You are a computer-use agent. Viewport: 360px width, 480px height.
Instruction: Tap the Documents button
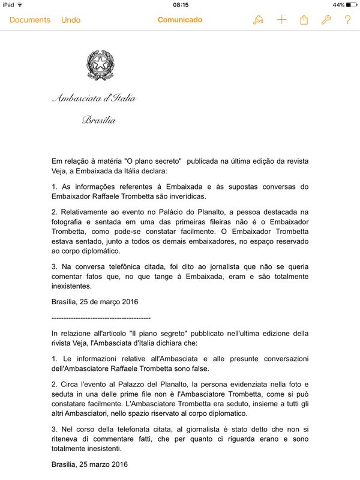click(30, 20)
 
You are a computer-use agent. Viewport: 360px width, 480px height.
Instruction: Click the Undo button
click(71, 20)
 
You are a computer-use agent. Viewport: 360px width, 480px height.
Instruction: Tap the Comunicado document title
click(180, 20)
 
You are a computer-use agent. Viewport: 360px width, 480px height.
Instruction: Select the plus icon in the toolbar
click(281, 20)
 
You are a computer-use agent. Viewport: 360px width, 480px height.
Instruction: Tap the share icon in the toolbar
click(304, 20)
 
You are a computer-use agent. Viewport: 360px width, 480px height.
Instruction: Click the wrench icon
click(326, 20)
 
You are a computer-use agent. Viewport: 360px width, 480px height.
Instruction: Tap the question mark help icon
click(347, 20)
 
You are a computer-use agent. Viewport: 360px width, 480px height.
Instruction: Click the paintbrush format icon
click(258, 20)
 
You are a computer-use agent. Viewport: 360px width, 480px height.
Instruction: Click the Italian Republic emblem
click(99, 64)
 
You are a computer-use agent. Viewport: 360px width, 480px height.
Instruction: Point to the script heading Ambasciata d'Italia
click(94, 98)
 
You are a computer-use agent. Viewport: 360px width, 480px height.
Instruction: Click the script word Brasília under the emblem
click(98, 120)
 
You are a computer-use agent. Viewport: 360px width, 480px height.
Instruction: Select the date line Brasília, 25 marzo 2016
click(89, 464)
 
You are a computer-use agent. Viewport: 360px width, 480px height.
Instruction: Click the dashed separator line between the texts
click(101, 317)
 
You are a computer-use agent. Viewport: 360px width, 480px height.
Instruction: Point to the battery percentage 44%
click(338, 5)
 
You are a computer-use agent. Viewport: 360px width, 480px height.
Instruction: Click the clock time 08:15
click(180, 5)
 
